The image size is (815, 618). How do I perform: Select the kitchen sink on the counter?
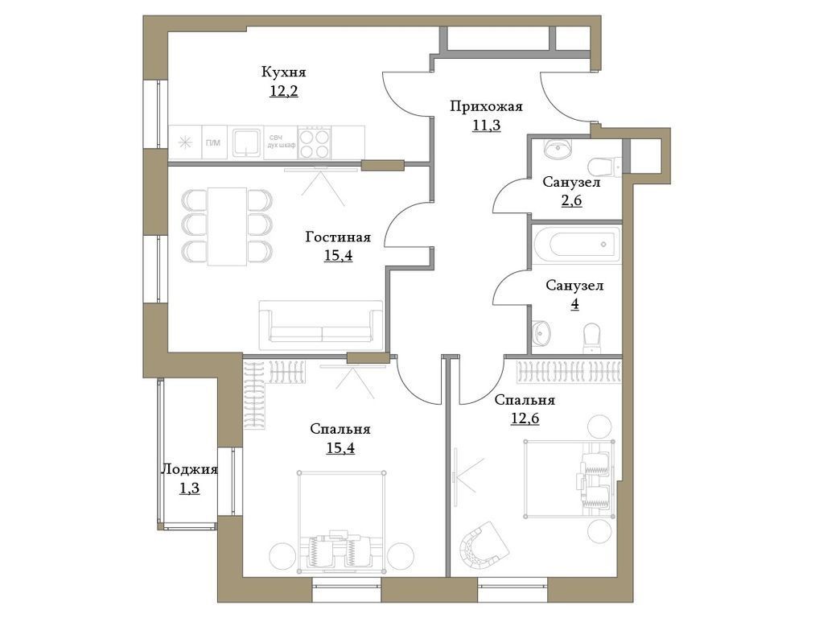(245, 143)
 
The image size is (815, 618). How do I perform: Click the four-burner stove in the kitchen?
(315, 143)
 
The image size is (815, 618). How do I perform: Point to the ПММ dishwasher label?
(213, 143)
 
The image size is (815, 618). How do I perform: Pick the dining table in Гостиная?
(227, 226)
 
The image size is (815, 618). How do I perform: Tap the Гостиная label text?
(338, 237)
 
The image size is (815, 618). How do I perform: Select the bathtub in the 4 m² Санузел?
(576, 244)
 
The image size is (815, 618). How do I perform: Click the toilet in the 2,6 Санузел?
(603, 167)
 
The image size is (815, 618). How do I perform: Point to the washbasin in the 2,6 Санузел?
(556, 150)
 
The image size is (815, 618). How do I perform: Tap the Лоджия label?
(189, 470)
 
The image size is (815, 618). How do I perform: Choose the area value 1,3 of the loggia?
(189, 488)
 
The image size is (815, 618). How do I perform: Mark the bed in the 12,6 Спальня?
(568, 479)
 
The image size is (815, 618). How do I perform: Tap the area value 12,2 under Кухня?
(283, 90)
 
